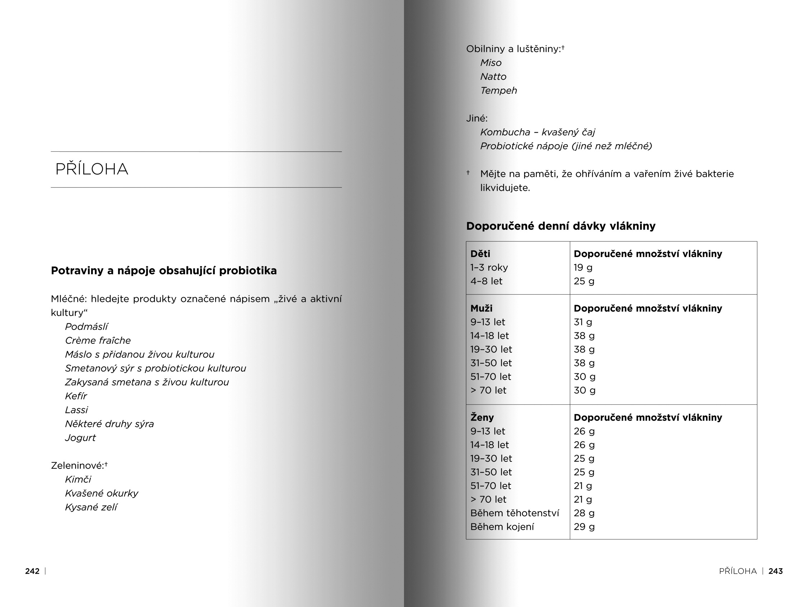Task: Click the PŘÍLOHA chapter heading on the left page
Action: point(92,169)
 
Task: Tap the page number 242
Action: point(32,571)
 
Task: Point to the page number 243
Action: point(775,571)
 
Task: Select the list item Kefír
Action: point(76,396)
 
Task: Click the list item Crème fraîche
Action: point(98,341)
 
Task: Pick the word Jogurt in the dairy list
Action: point(80,438)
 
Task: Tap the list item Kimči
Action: point(78,479)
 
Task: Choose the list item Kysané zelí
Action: point(91,507)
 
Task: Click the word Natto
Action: point(493,77)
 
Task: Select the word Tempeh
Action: point(499,90)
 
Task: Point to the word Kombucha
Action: point(505,132)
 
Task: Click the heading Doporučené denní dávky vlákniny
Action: point(561,226)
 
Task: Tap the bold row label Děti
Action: point(480,254)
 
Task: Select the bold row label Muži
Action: point(481,308)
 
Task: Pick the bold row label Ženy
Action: point(482,418)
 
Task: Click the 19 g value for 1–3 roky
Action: point(583,267)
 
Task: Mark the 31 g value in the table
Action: point(583,322)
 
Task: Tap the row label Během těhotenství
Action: point(514,513)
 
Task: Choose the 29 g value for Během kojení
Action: point(584,527)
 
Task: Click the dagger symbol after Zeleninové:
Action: point(106,464)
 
